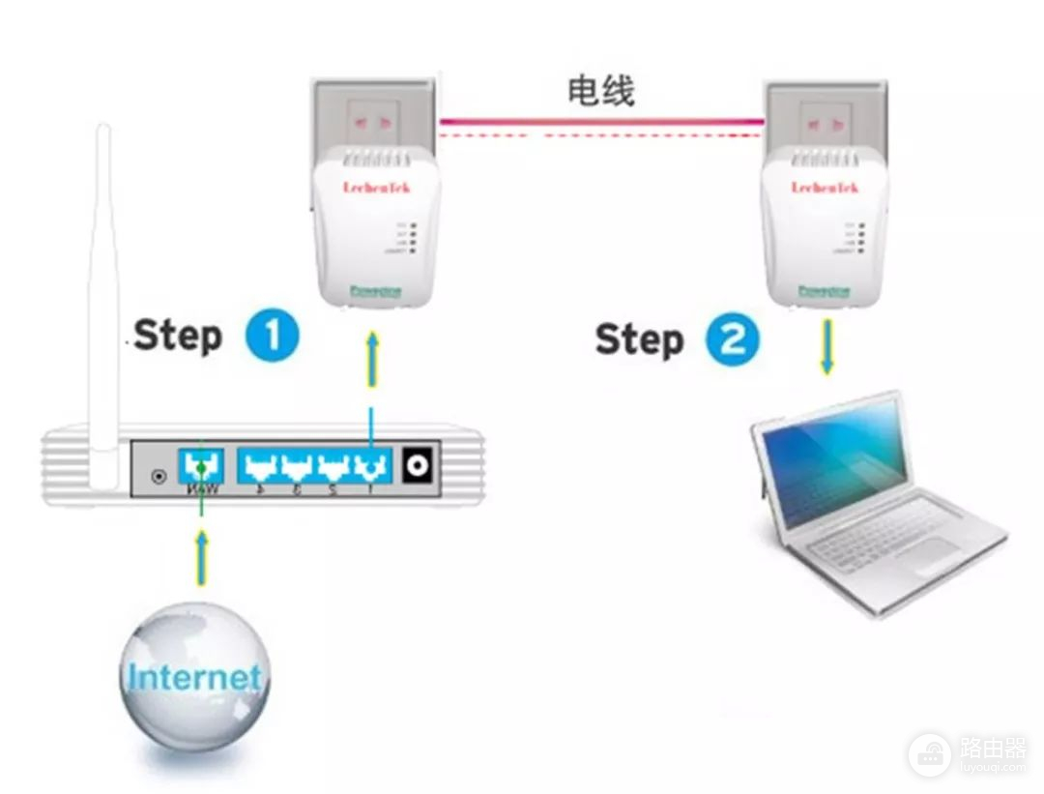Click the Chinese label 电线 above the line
tap(600, 91)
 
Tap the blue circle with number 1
tap(272, 336)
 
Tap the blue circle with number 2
tap(732, 339)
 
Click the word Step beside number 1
tap(179, 336)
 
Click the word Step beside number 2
tap(639, 339)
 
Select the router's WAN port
tap(201, 466)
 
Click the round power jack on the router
tap(418, 466)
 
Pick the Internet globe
tap(195, 676)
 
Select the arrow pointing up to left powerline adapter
tap(372, 363)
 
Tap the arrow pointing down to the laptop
tap(827, 348)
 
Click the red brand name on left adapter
tap(376, 186)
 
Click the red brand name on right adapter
tap(825, 186)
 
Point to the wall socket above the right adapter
tap(825, 118)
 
